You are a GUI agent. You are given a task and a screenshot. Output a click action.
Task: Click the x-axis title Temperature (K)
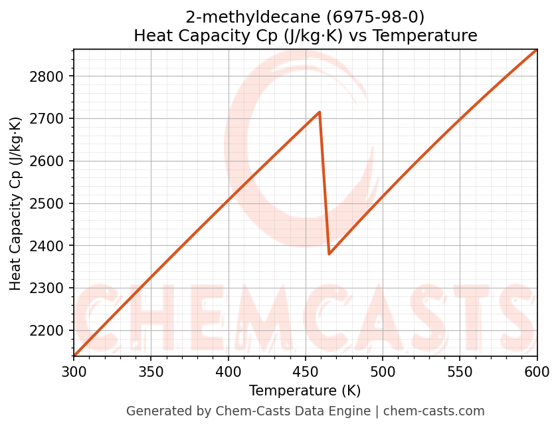coord(305,391)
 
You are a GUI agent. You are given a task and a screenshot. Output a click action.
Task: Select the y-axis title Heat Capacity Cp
coord(16,203)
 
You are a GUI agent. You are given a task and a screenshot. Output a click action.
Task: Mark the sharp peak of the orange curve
coord(320,112)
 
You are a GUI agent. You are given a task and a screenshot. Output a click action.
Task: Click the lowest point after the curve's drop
coord(329,254)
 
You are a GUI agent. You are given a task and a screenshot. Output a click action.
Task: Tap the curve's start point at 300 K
coord(74,356)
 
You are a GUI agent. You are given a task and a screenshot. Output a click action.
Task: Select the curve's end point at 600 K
coord(537,50)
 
